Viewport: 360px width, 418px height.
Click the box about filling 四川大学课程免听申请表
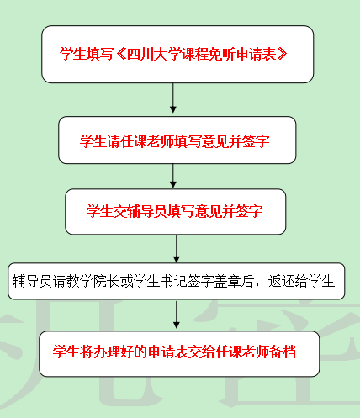(x=177, y=54)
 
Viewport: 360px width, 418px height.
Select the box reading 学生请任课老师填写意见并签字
(x=177, y=140)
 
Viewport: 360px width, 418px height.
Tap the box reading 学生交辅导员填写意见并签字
(x=176, y=212)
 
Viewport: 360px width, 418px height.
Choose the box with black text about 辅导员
(x=177, y=281)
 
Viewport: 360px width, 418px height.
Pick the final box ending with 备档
(x=179, y=354)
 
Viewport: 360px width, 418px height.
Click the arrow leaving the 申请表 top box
(x=173, y=98)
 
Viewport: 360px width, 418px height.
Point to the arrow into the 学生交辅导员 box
(x=173, y=176)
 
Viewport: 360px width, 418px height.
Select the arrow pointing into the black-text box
(x=177, y=249)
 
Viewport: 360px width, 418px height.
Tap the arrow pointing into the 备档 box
(x=177, y=315)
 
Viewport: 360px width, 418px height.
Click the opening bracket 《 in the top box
(x=120, y=54)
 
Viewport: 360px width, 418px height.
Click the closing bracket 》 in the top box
(x=282, y=54)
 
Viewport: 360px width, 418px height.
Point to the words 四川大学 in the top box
(x=154, y=54)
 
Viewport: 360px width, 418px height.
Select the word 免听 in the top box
(x=222, y=54)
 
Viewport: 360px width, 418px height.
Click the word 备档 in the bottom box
(x=283, y=352)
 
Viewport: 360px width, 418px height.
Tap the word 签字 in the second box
(x=256, y=141)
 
